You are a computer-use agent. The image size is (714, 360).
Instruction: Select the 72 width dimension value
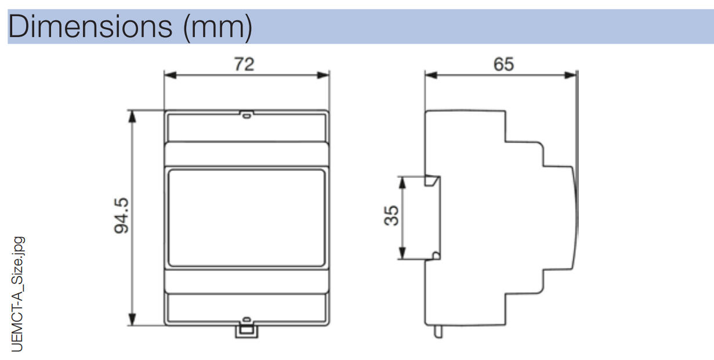click(244, 64)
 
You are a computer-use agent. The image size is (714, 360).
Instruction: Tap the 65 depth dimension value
click(503, 64)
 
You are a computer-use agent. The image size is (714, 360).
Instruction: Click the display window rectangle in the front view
click(247, 218)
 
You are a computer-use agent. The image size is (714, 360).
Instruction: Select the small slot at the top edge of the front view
click(247, 115)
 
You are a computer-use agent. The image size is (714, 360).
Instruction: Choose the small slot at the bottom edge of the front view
click(247, 319)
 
